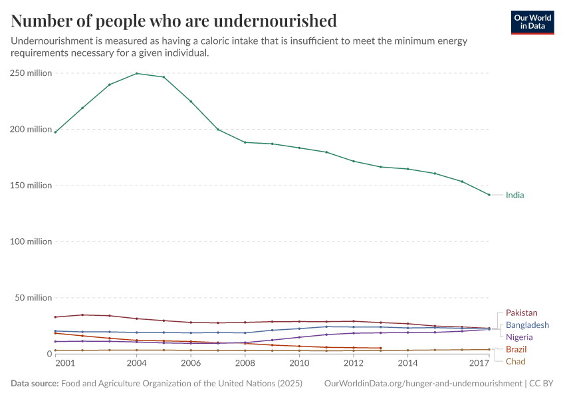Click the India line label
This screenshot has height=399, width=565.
pos(514,195)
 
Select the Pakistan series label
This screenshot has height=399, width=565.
pos(521,313)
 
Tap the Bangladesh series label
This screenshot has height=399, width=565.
pos(527,325)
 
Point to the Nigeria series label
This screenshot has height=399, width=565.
pos(519,337)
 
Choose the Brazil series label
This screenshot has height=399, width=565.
pos(516,349)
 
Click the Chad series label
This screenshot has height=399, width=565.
pos(515,361)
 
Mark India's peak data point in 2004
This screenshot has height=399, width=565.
pos(137,73)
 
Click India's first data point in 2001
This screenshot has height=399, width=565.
pos(55,132)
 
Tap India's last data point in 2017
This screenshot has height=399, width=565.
pos(489,195)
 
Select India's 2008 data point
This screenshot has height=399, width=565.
pos(245,142)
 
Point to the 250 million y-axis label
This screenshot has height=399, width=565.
pos(31,73)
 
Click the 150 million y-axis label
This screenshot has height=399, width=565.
pos(31,186)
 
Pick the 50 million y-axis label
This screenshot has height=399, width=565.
pos(33,297)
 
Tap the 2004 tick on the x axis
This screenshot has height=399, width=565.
pos(137,363)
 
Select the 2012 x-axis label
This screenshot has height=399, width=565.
pos(354,363)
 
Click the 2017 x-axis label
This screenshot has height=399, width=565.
pos(479,363)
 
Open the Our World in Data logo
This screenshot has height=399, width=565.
pos(532,22)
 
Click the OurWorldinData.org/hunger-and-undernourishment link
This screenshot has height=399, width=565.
pos(423,384)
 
